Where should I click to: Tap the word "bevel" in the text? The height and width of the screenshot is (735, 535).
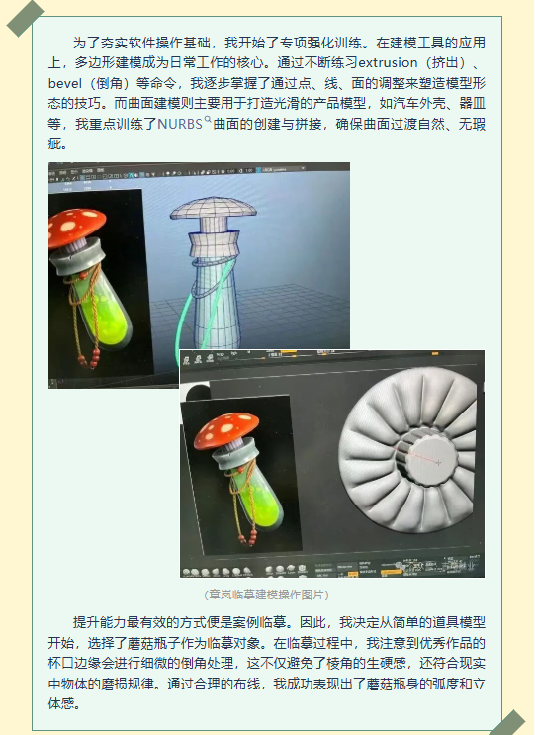click(65, 83)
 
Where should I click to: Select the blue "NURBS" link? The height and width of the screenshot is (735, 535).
click(179, 124)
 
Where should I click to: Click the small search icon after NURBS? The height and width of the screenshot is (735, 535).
click(208, 120)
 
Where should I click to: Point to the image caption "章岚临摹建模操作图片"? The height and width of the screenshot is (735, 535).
click(267, 595)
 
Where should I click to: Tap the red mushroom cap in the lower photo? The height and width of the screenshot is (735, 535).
click(225, 430)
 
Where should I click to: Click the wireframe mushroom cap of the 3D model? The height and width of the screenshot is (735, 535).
click(214, 209)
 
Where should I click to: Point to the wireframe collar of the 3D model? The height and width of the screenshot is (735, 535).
click(214, 244)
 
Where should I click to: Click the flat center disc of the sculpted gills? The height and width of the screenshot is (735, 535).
click(431, 456)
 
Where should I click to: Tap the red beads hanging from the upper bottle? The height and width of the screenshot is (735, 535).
click(90, 358)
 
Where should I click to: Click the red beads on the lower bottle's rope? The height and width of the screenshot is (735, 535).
click(248, 538)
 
